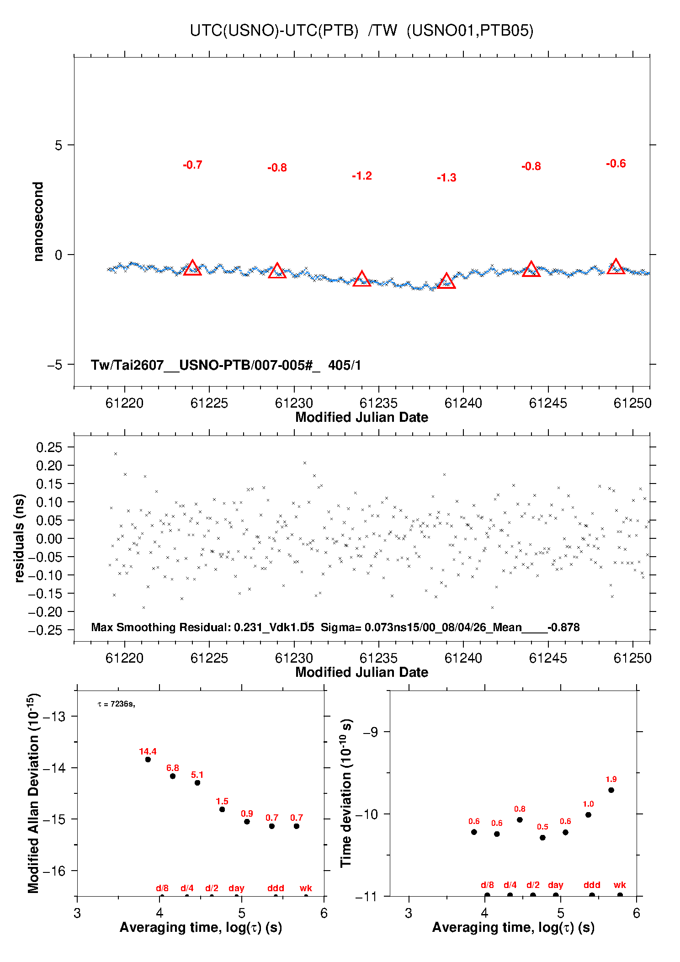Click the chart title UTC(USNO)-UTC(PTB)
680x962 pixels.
274,31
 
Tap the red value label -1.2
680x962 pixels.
362,176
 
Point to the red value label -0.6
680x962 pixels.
616,164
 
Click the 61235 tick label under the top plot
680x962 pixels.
378,403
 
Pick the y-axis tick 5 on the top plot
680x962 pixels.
58,145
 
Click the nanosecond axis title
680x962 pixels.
38,222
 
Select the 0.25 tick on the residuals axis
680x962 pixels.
49,447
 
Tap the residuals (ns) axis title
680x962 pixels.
19,538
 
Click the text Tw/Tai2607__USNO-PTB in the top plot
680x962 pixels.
169,365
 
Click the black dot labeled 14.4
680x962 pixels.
148,760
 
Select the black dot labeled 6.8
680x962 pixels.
173,776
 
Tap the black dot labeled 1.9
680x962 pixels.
611,790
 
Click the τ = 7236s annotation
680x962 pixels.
116,704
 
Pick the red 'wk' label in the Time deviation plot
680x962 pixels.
620,885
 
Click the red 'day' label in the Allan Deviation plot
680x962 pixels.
236,888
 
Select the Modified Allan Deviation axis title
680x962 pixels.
34,793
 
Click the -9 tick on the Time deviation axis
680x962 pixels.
370,732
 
